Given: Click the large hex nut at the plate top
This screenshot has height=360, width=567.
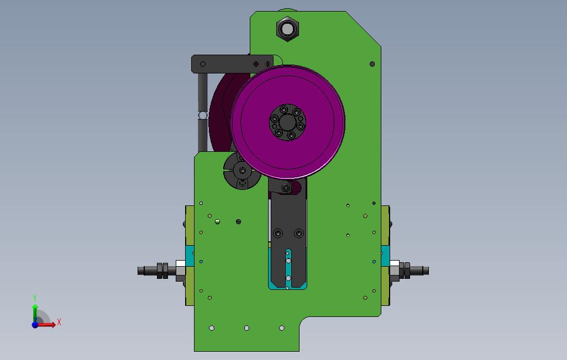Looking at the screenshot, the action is pyautogui.click(x=287, y=29).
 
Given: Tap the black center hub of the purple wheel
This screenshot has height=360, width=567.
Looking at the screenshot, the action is pyautogui.click(x=288, y=122).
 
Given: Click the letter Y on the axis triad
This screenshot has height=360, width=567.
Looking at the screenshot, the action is pyautogui.click(x=35, y=298).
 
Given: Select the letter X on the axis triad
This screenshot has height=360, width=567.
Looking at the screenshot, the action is pyautogui.click(x=59, y=322).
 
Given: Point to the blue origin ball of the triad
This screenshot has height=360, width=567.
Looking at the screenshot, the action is pyautogui.click(x=35, y=325).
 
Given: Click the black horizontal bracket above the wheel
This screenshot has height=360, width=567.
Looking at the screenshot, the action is pyautogui.click(x=232, y=64).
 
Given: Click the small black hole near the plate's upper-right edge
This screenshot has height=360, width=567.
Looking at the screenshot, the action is pyautogui.click(x=372, y=64).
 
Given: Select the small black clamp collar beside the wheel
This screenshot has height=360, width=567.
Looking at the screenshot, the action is pyautogui.click(x=242, y=171).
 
